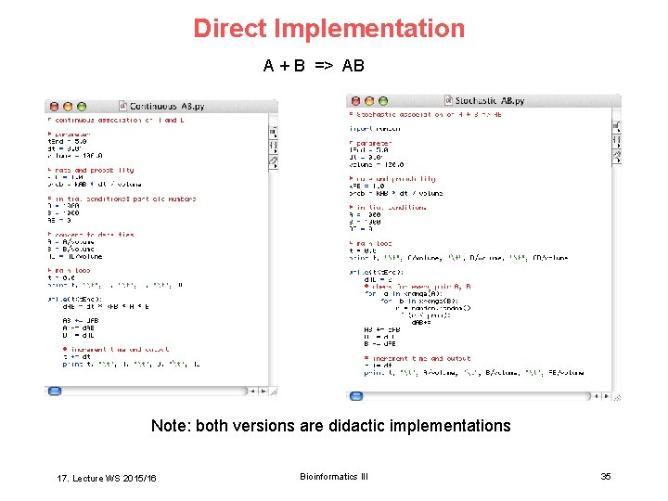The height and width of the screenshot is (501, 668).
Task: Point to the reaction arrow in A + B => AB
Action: pyautogui.click(x=324, y=66)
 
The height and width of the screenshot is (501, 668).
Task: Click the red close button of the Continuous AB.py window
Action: pyautogui.click(x=54, y=107)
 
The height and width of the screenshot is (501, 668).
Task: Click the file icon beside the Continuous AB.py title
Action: pyautogui.click(x=123, y=107)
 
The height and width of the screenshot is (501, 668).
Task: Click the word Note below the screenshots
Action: pyautogui.click(x=170, y=426)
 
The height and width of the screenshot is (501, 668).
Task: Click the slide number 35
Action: pyautogui.click(x=606, y=477)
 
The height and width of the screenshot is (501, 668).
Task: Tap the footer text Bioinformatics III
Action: pyautogui.click(x=334, y=477)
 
